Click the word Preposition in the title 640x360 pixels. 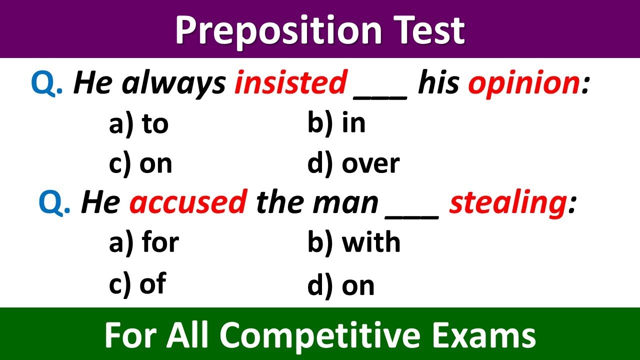point(277,31)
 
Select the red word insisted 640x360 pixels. point(290,83)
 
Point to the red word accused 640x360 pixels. point(188,202)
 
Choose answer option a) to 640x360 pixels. point(138,123)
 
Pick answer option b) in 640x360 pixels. point(336,123)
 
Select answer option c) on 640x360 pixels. point(140,163)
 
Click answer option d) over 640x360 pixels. point(353,163)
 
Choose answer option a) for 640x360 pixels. point(143,243)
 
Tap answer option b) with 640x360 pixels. point(354,243)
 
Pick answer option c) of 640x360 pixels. point(137,284)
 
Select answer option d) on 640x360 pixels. point(341,285)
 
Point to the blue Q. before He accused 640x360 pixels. point(54,203)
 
